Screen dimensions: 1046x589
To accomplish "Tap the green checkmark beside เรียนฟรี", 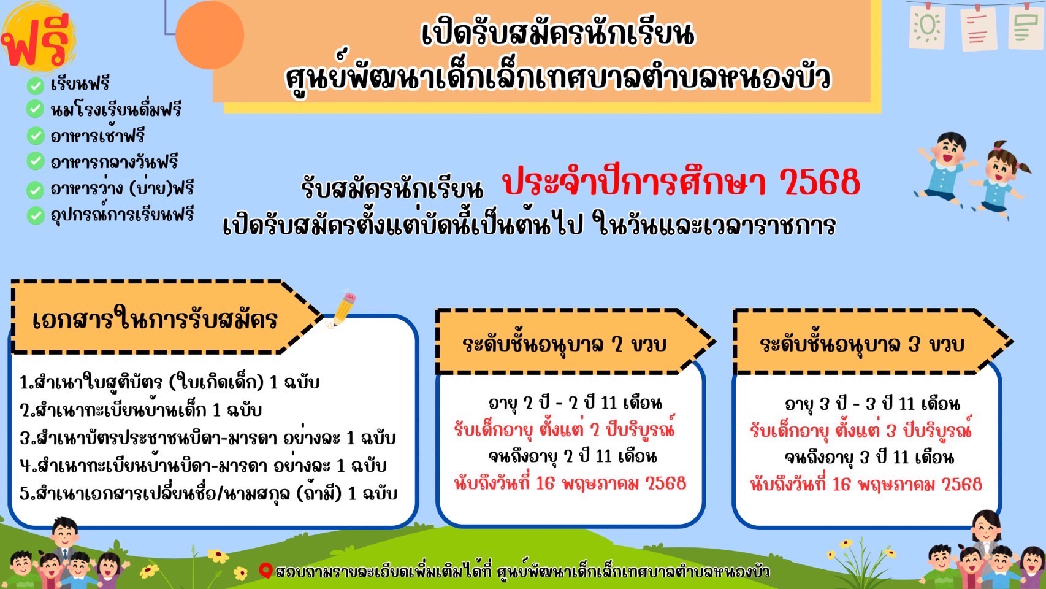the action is tap(35, 85).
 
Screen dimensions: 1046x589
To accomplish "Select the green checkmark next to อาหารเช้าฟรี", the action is tap(35, 136).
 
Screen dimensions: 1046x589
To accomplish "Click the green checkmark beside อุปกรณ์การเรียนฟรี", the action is tap(35, 215).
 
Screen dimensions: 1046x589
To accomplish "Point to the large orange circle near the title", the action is tap(210, 34).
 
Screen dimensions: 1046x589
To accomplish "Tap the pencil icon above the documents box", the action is tap(342, 309).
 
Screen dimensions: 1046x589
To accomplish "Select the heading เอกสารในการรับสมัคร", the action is tap(155, 320).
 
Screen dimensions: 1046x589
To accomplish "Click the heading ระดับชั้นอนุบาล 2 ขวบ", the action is tap(564, 344).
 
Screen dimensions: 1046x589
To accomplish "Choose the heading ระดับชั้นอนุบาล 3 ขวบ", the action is tap(861, 344).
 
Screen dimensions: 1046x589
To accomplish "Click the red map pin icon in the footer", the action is tap(265, 571).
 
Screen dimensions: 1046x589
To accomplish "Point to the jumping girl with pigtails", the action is tap(1000, 180).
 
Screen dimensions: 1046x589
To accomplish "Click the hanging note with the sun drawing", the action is tap(928, 26).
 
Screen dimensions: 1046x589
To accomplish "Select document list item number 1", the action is tap(169, 382).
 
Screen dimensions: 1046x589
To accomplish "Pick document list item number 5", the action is tap(208, 494).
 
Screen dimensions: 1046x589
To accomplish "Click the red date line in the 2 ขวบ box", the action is tap(570, 483).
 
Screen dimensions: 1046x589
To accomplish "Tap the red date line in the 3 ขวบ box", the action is tap(866, 484).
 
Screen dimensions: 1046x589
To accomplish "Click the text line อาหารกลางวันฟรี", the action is tap(115, 162).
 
